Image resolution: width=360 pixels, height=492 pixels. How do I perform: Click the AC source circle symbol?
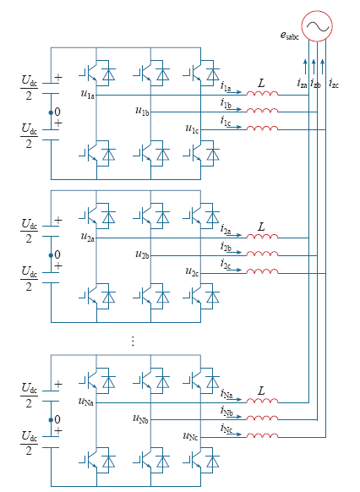coord(317,26)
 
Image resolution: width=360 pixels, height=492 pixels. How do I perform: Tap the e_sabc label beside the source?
coord(290,36)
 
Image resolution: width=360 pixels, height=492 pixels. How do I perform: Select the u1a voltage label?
coord(88,94)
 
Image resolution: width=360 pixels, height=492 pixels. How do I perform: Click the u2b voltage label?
coord(142,254)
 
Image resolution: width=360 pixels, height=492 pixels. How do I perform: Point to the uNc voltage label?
coord(190,436)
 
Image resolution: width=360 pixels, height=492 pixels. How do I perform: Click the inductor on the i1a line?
coord(262,93)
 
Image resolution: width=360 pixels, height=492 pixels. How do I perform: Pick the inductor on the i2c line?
coord(262,271)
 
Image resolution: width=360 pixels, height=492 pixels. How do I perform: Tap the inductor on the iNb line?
coord(262,418)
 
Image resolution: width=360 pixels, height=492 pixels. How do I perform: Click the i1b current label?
coord(226,103)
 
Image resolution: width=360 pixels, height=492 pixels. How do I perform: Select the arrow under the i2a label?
coord(234,235)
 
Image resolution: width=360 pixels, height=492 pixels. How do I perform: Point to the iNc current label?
coord(226,429)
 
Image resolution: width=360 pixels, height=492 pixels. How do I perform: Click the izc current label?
coord(334,84)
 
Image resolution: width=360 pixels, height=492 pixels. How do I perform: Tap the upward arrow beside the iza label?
coord(305,67)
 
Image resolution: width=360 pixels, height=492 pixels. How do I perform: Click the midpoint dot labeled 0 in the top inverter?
coord(51,112)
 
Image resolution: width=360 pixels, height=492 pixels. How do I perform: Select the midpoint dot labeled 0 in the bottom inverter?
coord(51,420)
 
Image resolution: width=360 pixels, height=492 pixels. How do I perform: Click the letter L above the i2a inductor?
coord(261,227)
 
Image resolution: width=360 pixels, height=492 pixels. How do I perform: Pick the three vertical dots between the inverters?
coord(133,341)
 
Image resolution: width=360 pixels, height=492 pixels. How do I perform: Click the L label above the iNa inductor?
coord(261,391)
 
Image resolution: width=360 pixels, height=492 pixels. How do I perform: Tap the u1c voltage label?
coord(192,128)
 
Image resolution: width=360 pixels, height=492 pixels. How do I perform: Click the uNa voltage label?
coord(85,402)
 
